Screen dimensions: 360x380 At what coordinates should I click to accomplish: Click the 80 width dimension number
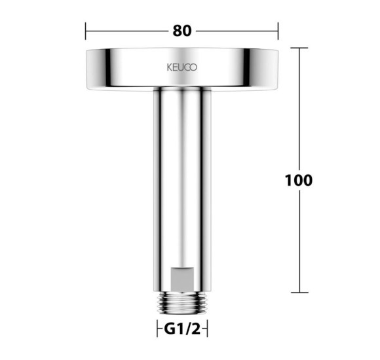[182, 31]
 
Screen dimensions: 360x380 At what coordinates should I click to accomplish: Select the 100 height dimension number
[299, 180]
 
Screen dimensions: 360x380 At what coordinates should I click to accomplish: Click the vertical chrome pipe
[181, 177]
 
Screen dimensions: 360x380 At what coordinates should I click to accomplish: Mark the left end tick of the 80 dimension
[86, 31]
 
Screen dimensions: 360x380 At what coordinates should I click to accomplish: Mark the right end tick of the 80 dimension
[278, 31]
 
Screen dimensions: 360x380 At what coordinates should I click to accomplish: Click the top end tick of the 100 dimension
[299, 48]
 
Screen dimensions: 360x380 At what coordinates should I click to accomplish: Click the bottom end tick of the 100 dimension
[299, 293]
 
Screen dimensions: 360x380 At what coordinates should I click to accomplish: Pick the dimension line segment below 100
[299, 242]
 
